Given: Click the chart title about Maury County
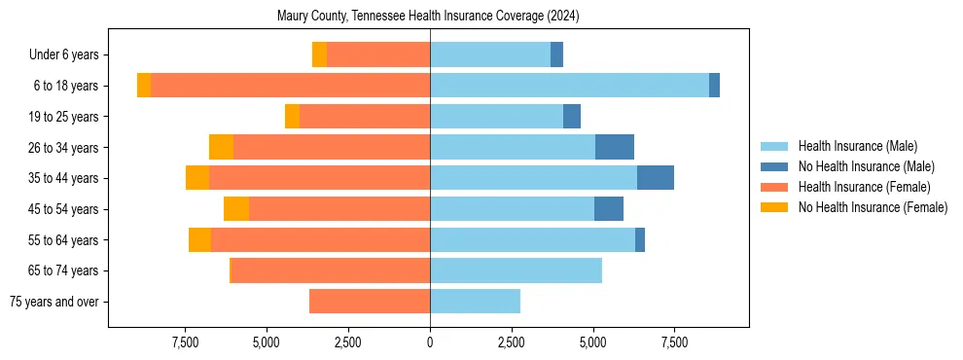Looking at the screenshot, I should pyautogui.click(x=428, y=16).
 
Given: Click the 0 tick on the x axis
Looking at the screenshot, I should pyautogui.click(x=430, y=342).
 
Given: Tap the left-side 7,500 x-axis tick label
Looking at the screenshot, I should pyautogui.click(x=185, y=342).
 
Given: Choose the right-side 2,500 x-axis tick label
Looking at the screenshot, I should pyautogui.click(x=512, y=342).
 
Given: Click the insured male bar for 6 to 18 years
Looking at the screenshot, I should pyautogui.click(x=569, y=86).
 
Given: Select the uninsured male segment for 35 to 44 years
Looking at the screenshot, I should pyautogui.click(x=656, y=178).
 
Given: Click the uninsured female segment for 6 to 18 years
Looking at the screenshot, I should pyautogui.click(x=144, y=86).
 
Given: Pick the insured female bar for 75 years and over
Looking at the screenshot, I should pyautogui.click(x=370, y=302).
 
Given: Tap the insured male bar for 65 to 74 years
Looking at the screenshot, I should pyautogui.click(x=516, y=270).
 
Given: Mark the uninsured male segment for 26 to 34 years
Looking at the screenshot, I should pyautogui.click(x=615, y=147).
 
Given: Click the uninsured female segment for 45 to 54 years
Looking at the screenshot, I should pyautogui.click(x=236, y=209).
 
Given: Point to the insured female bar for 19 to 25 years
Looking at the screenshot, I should pyautogui.click(x=365, y=117).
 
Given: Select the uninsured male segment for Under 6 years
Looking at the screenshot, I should pyautogui.click(x=556, y=55).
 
